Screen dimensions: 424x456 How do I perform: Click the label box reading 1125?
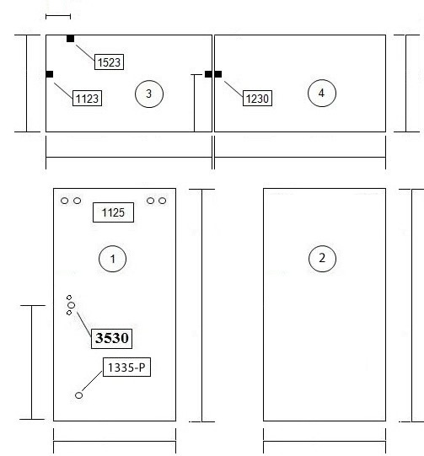[113, 212]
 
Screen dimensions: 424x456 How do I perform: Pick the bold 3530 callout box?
[111, 339]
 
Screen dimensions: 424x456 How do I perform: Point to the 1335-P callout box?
[126, 367]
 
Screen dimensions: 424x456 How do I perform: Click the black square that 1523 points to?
[70, 39]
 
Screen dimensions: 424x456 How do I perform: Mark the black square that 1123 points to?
[50, 74]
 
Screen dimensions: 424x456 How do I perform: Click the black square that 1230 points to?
[218, 74]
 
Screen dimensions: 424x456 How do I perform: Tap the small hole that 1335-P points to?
[78, 395]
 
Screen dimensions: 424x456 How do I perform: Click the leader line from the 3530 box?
[84, 325]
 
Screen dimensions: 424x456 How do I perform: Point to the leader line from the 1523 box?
[85, 52]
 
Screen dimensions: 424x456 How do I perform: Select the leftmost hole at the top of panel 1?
[65, 201]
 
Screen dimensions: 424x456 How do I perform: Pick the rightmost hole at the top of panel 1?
[163, 201]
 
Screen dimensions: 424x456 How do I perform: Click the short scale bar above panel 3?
[58, 17]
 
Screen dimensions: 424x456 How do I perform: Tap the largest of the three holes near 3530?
[72, 305]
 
